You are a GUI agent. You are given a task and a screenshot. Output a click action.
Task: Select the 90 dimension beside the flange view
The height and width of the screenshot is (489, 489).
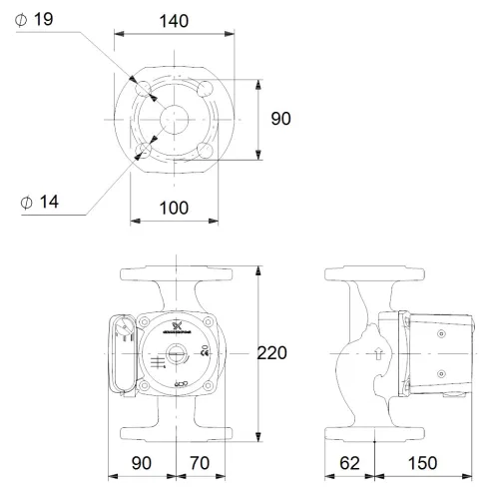click(281, 118)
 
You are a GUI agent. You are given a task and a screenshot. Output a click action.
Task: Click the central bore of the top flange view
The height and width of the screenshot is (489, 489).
click(176, 118)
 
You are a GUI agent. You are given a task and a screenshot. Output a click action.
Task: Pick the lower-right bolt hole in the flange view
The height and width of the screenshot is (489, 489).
click(206, 149)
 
